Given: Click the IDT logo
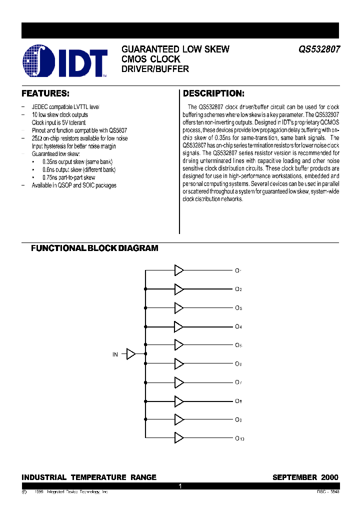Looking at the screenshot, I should coord(65,61).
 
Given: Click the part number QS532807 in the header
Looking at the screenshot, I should coord(319,49).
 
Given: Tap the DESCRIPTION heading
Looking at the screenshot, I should coord(213,93).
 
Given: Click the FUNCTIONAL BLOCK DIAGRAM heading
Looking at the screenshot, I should coord(94,248).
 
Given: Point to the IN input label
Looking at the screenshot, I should coord(115,354).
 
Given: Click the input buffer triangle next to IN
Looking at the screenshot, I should coord(130,354).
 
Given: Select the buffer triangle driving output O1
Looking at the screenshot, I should coord(178,270).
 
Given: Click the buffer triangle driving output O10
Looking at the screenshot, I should coord(178,438).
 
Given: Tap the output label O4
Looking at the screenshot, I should coord(238,326).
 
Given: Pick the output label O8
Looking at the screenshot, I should coord(238,401).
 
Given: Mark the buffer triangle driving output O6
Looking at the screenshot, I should coord(178,363).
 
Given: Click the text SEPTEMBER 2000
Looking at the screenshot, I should coord(305,477).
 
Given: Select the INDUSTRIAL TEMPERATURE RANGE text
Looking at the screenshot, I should coord(89,477).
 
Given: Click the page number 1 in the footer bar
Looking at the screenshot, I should coord(180,485).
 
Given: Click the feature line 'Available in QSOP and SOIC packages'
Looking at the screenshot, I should coord(74,185).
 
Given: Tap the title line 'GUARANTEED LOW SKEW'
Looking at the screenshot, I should coord(175,49).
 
